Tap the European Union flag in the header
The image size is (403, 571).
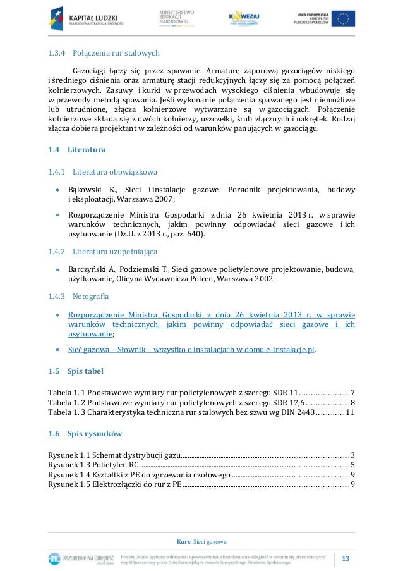point(344,19)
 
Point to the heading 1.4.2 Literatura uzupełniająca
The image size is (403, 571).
point(102,252)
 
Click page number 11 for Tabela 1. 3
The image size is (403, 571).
point(350,412)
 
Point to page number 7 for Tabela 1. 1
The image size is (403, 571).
point(352,392)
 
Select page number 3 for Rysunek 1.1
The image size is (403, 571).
point(352,455)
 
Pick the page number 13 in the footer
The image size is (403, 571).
point(346,558)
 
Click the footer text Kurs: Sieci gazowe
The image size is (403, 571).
point(201,542)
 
